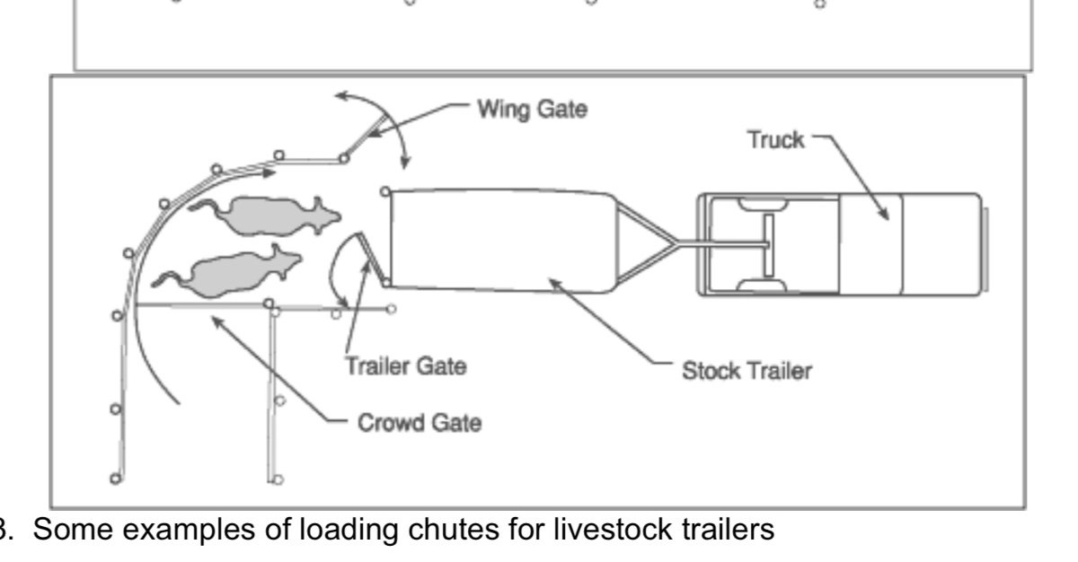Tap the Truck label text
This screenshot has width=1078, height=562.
[x=777, y=141]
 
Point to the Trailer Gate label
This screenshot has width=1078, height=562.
[x=406, y=367]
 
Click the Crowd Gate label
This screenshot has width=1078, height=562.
[x=420, y=423]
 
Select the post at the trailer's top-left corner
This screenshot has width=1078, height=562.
[x=384, y=190]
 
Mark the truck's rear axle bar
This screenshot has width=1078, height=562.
[x=770, y=245]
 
